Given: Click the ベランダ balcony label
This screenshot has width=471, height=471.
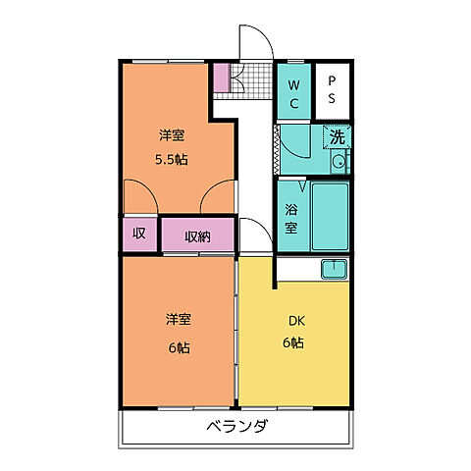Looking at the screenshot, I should click(x=236, y=427).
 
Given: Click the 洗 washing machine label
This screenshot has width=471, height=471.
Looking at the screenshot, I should click(x=338, y=137).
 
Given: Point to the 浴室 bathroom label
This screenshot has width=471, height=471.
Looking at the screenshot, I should click(x=291, y=218).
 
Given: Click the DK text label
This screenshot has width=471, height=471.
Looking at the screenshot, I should click(x=292, y=320).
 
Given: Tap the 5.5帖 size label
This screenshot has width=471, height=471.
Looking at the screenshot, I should click(x=173, y=159).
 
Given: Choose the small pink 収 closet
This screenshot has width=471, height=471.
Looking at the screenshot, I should click(x=139, y=234).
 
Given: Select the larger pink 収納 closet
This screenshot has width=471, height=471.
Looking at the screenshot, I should click(x=197, y=235).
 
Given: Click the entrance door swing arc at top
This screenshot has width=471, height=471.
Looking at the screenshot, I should click(x=254, y=44).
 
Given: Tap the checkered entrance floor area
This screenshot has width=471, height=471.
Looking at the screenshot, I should click(x=247, y=78).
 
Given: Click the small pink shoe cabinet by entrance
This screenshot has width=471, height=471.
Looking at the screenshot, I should click(x=221, y=76).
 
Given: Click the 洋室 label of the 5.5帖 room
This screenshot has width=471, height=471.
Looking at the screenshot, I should click(x=173, y=134).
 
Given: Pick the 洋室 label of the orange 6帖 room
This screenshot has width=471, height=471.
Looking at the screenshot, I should click(x=178, y=320).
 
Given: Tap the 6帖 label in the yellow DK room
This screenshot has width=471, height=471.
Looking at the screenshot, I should click(x=292, y=343).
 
